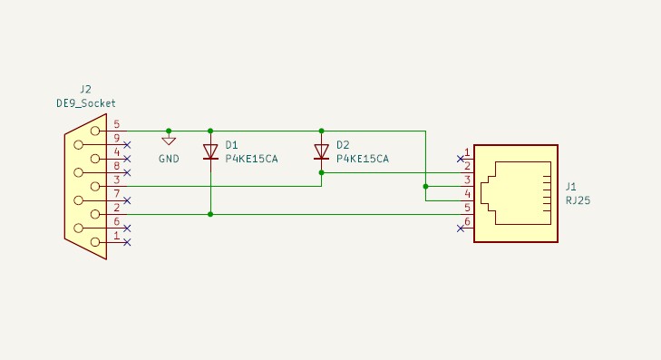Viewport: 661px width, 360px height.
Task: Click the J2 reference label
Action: coord(85,90)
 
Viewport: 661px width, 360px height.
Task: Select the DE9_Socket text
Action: coord(86,103)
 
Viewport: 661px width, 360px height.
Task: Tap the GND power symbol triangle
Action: coord(169,141)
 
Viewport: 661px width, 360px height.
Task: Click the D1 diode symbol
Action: coord(210,151)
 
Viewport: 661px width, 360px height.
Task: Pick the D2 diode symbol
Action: coord(321,151)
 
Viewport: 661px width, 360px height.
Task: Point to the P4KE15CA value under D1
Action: coord(251,159)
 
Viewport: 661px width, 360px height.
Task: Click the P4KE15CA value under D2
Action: coord(363,159)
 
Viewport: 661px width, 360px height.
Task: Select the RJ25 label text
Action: coord(578,200)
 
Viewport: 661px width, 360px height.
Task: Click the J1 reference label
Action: coord(571,187)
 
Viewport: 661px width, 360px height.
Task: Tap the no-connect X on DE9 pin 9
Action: coord(127,145)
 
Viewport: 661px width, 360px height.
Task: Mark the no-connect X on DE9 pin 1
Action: coord(127,242)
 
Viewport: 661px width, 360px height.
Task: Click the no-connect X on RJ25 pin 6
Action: coord(461,229)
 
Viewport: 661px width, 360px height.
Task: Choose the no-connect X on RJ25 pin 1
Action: coord(461,159)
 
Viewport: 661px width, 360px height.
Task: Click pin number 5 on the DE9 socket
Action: coord(117,124)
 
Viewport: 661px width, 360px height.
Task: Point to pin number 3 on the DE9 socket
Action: coord(117,180)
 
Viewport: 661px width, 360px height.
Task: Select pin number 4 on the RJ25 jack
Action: coord(467,194)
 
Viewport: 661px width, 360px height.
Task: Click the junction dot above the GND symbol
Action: coord(169,131)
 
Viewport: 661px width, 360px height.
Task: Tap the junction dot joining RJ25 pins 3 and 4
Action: coord(426,187)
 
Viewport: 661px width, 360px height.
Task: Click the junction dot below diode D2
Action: coord(321,173)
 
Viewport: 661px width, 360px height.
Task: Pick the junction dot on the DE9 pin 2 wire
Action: coord(210,215)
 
